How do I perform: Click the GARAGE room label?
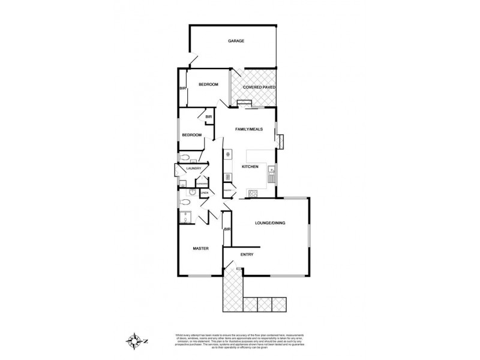click(235, 41)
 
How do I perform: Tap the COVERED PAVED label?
click(259, 88)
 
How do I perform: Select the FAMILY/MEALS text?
click(249, 129)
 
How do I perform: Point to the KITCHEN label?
click(250, 166)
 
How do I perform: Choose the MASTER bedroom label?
click(200, 248)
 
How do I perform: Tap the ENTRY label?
click(247, 254)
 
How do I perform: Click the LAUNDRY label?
click(193, 169)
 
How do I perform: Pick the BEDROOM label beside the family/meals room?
click(192, 135)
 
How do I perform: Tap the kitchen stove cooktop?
click(253, 193)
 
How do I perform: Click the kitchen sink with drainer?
click(272, 175)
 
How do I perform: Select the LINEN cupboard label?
click(204, 193)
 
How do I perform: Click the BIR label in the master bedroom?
click(227, 230)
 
